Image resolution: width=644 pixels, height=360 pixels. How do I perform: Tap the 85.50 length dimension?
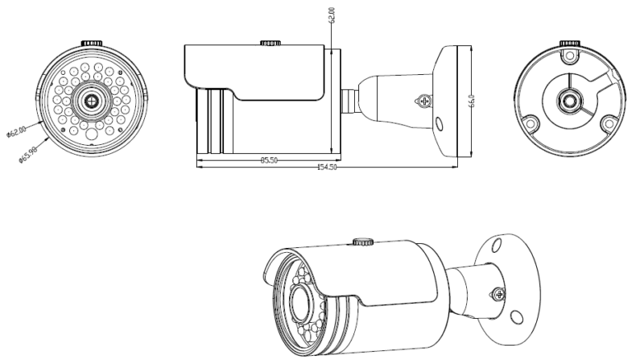click(268, 160)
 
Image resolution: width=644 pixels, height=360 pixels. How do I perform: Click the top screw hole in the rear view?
click(571, 57)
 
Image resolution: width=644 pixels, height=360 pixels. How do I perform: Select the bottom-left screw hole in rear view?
click(532, 124)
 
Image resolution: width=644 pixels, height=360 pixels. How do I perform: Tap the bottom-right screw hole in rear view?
click(609, 123)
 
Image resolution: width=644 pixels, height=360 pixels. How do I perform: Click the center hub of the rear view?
click(571, 101)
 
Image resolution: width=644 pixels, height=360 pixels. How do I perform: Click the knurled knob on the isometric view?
click(361, 241)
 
